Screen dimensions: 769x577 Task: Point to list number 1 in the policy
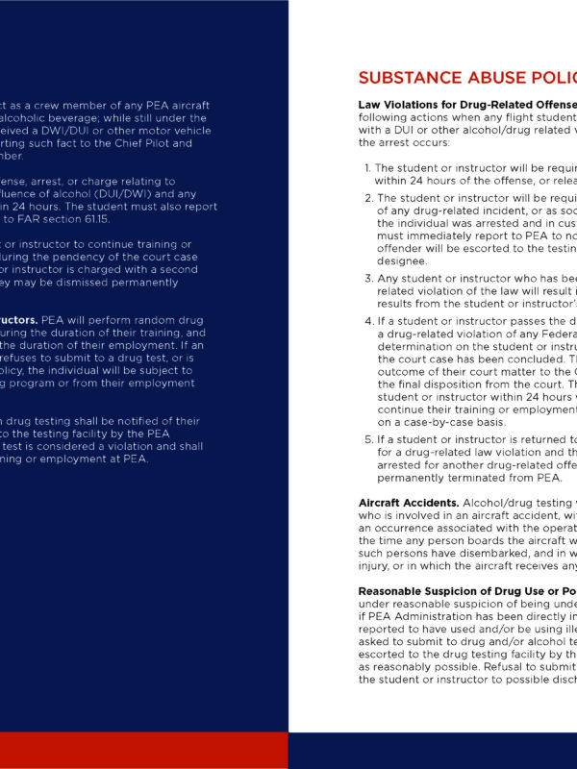367,167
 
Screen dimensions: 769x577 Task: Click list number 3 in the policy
367,279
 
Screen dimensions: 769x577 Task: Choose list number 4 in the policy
367,321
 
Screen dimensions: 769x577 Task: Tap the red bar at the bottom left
144,750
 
